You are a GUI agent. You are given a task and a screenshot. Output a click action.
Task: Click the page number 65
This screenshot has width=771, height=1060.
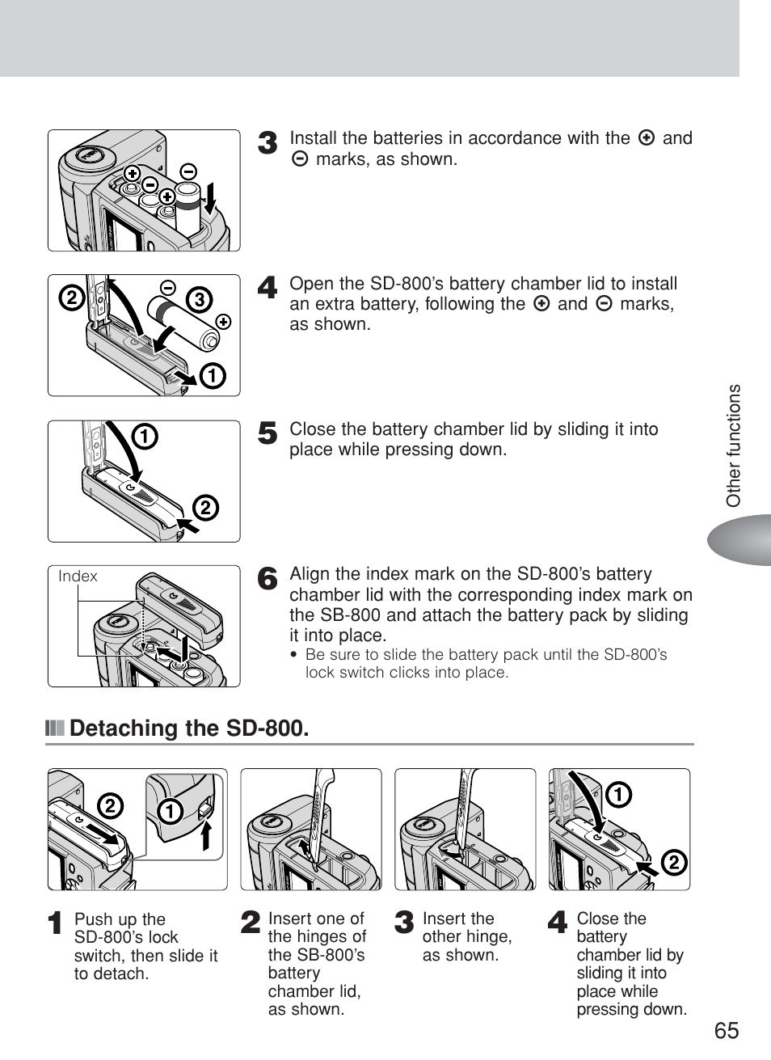point(726,1030)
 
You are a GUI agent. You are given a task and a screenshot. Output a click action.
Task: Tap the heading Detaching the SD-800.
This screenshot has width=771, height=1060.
point(188,728)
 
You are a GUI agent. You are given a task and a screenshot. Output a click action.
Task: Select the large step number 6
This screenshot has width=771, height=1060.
point(268,579)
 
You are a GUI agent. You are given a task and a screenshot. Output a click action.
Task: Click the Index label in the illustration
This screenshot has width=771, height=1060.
point(78,576)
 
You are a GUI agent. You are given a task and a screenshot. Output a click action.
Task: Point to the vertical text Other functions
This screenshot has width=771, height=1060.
point(733,446)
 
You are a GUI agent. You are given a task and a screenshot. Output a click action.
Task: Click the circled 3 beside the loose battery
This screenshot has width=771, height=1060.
point(198,300)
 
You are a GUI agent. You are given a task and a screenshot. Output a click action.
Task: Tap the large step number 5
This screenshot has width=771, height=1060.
point(268,433)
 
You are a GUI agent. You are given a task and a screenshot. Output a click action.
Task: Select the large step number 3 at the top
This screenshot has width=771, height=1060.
point(268,143)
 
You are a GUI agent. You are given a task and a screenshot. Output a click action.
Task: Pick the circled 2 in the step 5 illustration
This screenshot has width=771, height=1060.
point(205,508)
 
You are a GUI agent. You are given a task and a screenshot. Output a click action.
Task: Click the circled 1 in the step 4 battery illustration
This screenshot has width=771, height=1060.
point(213,376)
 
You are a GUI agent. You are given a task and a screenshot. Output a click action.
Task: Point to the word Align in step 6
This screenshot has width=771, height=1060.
point(310,574)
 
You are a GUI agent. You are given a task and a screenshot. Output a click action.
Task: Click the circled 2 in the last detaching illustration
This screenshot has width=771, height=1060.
point(673,864)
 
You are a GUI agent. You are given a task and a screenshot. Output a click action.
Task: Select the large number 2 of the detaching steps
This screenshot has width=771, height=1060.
point(251,923)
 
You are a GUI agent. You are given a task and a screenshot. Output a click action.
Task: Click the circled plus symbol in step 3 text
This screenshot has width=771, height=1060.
point(646,138)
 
